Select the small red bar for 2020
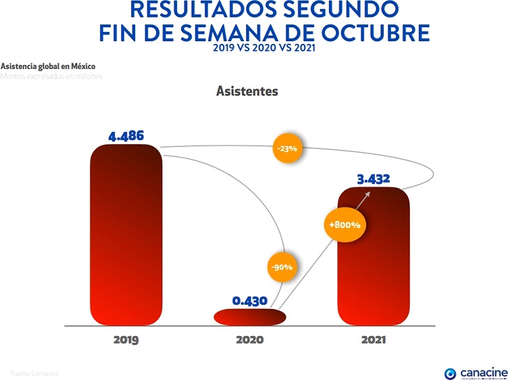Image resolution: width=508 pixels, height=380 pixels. point(249,317)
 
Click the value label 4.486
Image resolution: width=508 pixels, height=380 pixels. point(126,135)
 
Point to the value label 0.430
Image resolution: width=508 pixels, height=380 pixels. point(250,301)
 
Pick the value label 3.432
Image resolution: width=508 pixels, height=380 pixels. point(373,179)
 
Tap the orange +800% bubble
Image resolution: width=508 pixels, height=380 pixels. point(343,225)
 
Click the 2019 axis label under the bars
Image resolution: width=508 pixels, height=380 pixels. point(126,341)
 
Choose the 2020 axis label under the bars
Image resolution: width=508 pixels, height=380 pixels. point(249,341)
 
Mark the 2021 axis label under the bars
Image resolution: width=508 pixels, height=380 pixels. point(373,341)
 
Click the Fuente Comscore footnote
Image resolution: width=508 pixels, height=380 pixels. point(35,374)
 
